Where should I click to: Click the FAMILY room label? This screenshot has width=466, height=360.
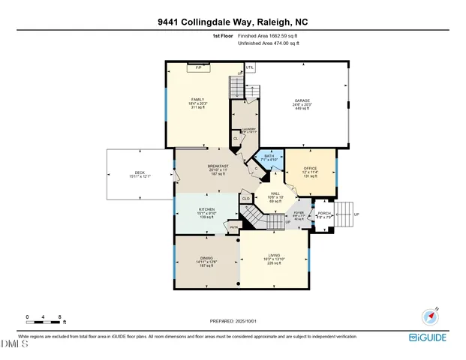[x=197, y=100]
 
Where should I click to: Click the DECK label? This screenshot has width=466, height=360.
[x=139, y=173]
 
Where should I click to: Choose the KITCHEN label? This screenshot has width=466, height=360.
[x=206, y=209]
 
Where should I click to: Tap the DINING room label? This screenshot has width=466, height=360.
[x=206, y=257]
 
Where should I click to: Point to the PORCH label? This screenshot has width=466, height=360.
[x=324, y=214]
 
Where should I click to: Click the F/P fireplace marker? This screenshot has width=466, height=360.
[x=199, y=67]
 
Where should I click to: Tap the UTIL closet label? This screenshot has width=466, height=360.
[x=250, y=67]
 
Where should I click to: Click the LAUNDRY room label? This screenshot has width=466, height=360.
[x=248, y=129]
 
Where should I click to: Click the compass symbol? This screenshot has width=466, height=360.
[x=431, y=315]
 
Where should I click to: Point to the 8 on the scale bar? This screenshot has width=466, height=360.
[x=59, y=317]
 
